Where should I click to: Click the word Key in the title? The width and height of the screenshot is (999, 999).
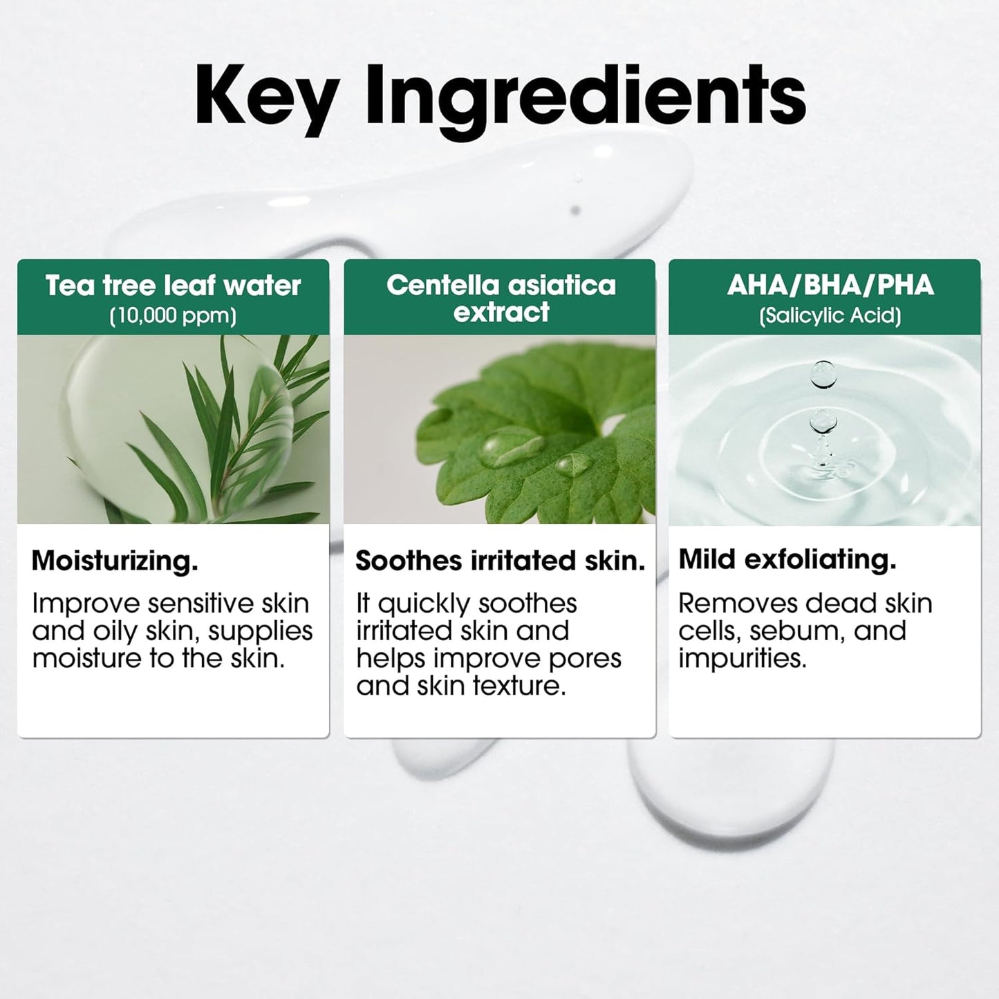pos(266,97)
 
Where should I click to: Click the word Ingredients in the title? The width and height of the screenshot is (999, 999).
pos(586,97)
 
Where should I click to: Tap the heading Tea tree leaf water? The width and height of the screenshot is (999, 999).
pos(173,286)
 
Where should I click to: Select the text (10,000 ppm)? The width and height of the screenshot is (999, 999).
pos(173,316)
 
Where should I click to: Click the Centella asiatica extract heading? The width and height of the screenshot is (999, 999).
pos(501,298)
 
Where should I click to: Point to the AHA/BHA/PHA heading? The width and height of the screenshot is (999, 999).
pos(830,285)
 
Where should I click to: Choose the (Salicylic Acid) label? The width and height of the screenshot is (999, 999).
pos(830,316)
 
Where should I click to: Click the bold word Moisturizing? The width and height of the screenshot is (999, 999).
pos(115,560)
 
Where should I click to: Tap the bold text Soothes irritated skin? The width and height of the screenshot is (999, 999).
pos(500,561)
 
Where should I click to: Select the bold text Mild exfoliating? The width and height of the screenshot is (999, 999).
pos(787,559)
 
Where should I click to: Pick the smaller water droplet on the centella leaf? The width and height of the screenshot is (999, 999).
pos(573,464)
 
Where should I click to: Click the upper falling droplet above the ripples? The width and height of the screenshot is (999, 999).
pos(823,373)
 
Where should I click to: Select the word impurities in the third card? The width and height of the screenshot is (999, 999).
pos(742,658)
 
